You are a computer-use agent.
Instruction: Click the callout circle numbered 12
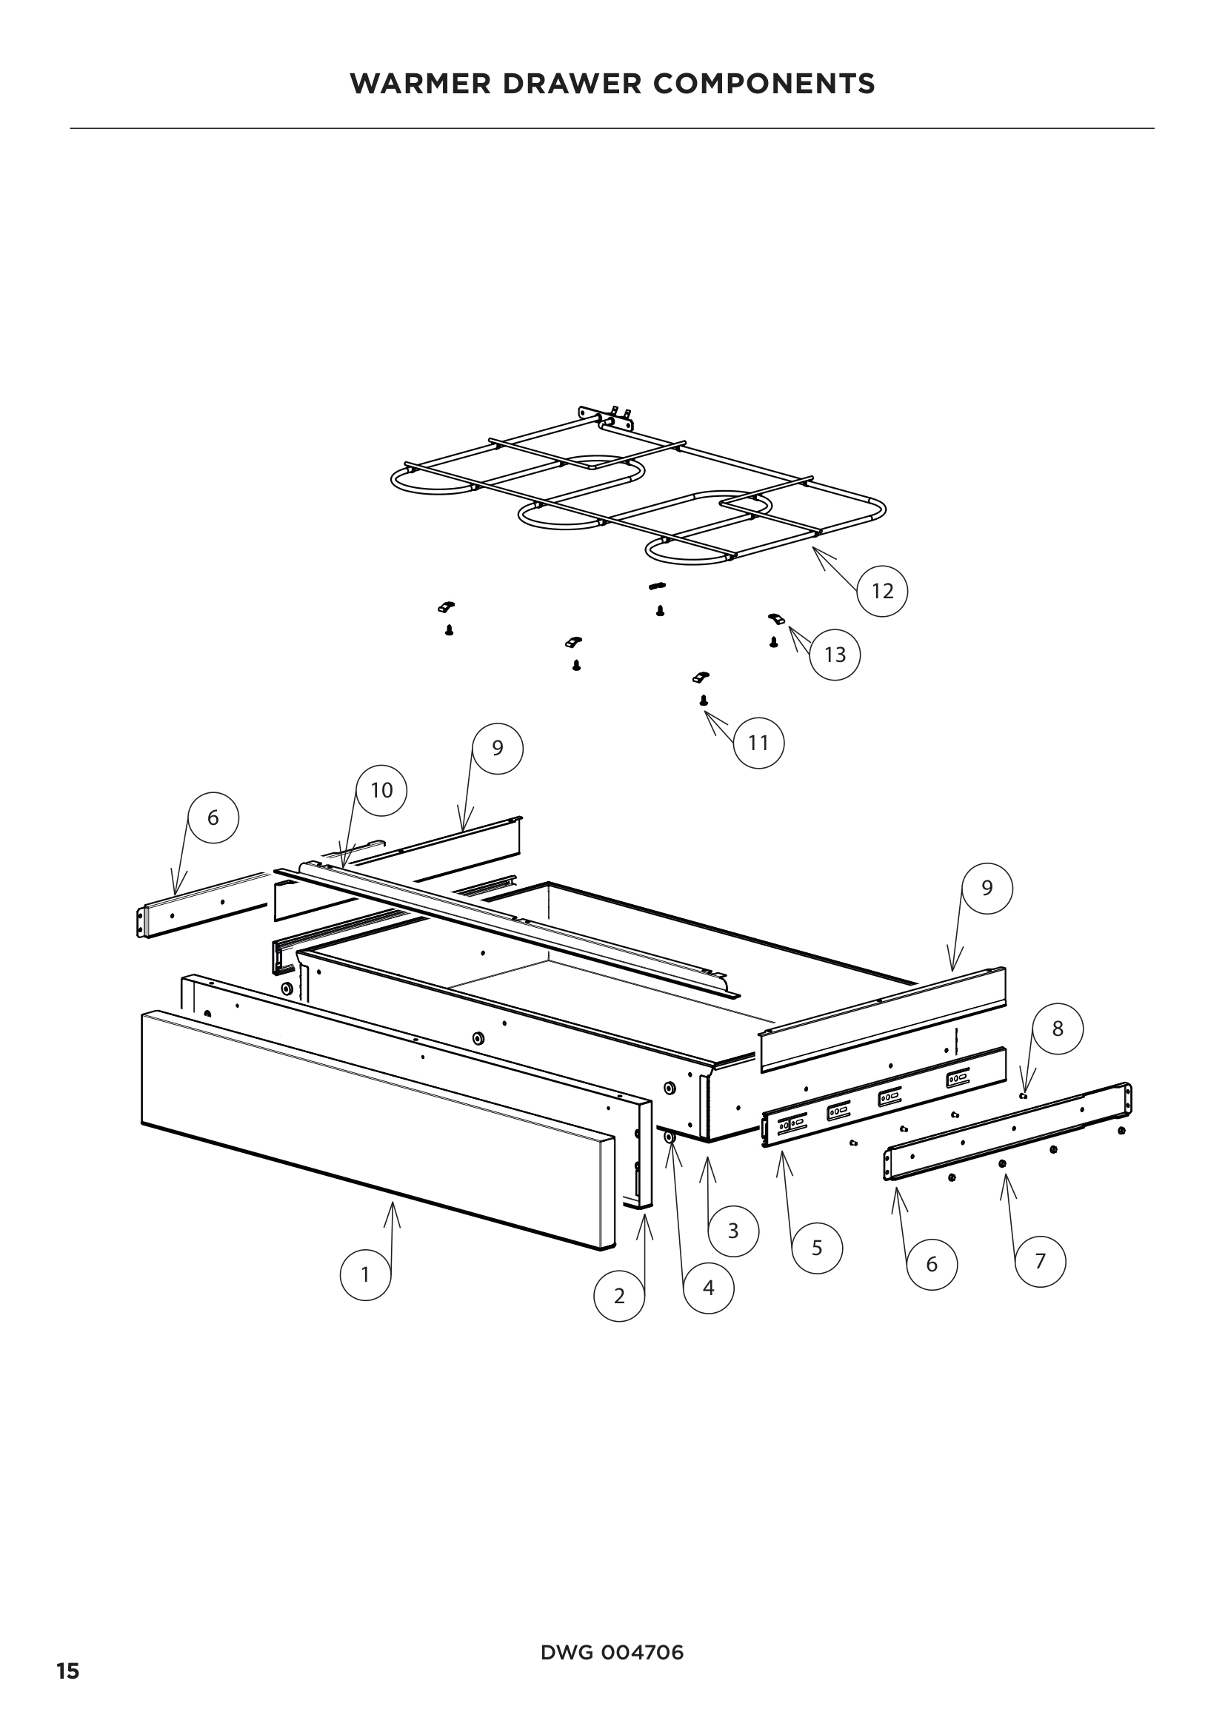[x=882, y=591]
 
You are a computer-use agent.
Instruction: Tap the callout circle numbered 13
[x=834, y=654]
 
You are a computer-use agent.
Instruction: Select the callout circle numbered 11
[x=758, y=743]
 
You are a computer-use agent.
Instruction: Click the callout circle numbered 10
[x=381, y=790]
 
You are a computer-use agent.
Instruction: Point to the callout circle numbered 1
[x=366, y=1274]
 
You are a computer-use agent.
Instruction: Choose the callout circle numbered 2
[x=619, y=1296]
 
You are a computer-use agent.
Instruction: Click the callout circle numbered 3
[x=733, y=1231]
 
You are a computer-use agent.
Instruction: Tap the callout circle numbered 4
[x=708, y=1288]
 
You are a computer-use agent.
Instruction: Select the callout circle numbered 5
[x=817, y=1248]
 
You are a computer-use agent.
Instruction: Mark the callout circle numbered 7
[x=1040, y=1261]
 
